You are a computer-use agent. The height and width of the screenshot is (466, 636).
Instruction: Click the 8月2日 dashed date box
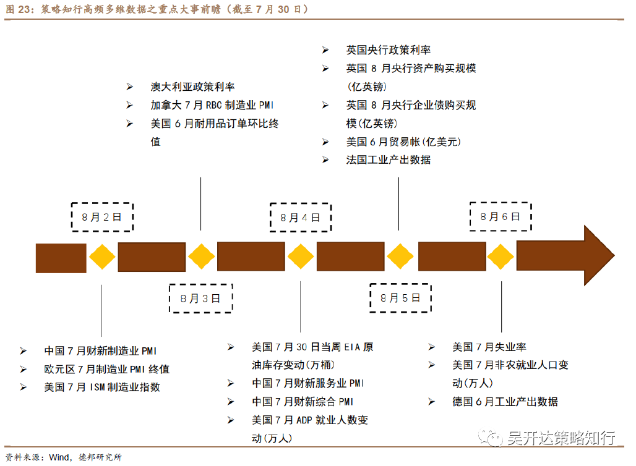(x=102, y=217)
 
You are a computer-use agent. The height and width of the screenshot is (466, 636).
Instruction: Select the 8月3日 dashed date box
(x=200, y=299)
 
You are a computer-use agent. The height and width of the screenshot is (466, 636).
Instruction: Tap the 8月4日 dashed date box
(x=300, y=217)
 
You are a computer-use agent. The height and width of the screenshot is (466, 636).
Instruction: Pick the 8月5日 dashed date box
(x=400, y=298)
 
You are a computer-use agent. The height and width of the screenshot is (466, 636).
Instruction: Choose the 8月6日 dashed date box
(x=501, y=216)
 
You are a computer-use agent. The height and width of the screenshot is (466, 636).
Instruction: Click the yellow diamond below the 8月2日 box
(x=102, y=257)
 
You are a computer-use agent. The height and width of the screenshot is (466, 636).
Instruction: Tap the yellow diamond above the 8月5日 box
(x=400, y=257)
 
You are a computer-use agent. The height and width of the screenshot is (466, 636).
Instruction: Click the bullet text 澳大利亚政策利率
(x=192, y=87)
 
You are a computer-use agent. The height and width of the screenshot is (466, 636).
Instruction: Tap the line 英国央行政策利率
(x=388, y=50)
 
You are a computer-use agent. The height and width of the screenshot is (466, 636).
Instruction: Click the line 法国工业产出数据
(x=388, y=159)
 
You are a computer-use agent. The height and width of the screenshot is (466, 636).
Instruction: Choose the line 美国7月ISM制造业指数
(x=102, y=388)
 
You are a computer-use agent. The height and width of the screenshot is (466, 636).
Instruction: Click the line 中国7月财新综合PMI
(x=303, y=402)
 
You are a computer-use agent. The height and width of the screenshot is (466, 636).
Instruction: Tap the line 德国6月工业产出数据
(x=505, y=402)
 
